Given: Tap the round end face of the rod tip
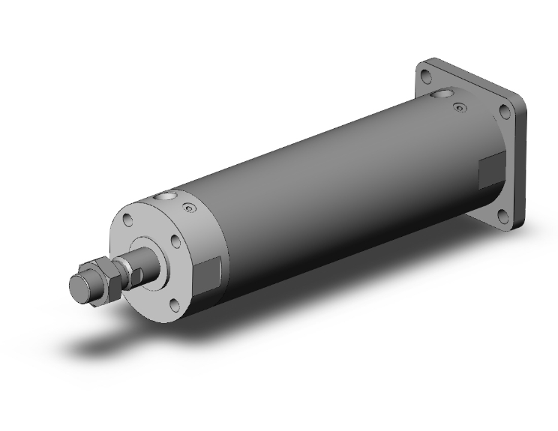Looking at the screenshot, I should pyautogui.click(x=77, y=287).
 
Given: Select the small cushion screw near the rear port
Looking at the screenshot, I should pyautogui.click(x=459, y=110).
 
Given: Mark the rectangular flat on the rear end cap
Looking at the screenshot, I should pyautogui.click(x=489, y=172).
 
